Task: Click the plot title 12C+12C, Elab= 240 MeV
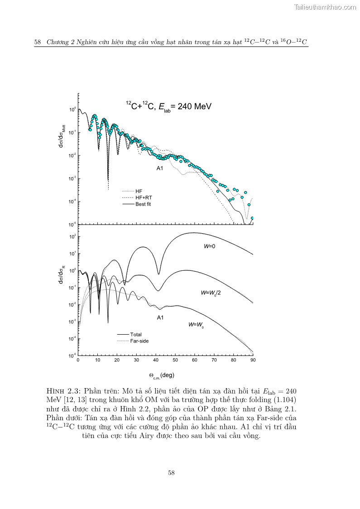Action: tap(168, 107)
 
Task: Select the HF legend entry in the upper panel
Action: tap(139, 191)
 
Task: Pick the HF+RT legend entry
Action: tap(144, 198)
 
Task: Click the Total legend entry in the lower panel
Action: tap(136, 335)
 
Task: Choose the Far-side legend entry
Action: tap(139, 341)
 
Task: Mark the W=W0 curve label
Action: tap(196, 325)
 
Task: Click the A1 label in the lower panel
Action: tap(160, 317)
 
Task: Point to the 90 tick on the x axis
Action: tap(253, 360)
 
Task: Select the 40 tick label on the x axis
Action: tap(156, 360)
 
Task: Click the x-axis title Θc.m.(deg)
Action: tap(162, 375)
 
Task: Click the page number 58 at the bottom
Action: tap(171, 473)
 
